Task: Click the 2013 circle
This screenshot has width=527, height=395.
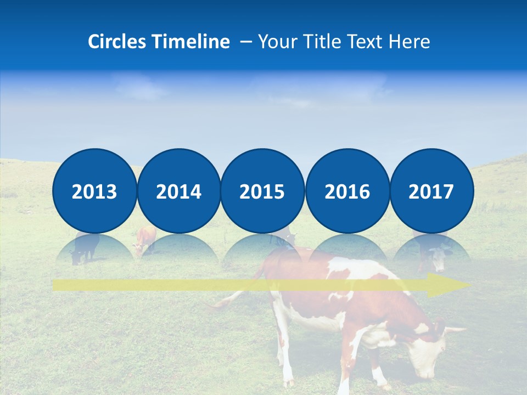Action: [x=94, y=191]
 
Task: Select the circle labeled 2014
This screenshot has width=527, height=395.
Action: [x=178, y=191]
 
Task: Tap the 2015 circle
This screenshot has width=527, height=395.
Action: [x=262, y=191]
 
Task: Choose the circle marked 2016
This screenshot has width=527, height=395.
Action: [x=347, y=191]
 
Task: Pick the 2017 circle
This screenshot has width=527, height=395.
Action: [x=431, y=191]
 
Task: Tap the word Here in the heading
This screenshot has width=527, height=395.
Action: [x=410, y=42]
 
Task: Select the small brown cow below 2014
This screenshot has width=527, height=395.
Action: [x=145, y=240]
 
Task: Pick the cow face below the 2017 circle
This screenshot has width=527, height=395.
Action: [x=439, y=258]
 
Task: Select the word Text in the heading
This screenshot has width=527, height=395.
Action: [x=368, y=42]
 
